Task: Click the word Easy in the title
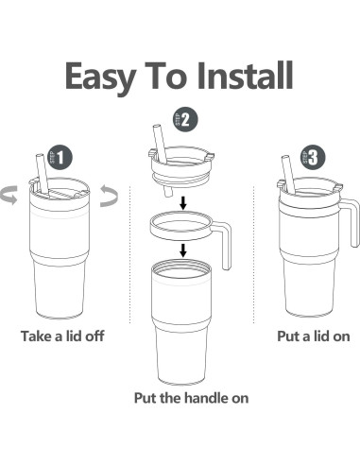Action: click(100, 77)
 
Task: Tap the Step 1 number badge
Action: click(60, 157)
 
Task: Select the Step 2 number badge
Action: click(185, 119)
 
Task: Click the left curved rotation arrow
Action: click(9, 195)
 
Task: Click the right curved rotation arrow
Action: click(110, 196)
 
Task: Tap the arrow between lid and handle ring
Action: click(183, 203)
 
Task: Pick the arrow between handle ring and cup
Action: click(183, 250)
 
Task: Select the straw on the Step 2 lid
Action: click(160, 144)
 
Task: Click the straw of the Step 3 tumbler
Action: click(288, 175)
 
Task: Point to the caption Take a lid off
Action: click(62, 336)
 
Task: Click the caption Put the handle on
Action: click(191, 398)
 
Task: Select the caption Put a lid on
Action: click(314, 336)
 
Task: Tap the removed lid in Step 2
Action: click(181, 168)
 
